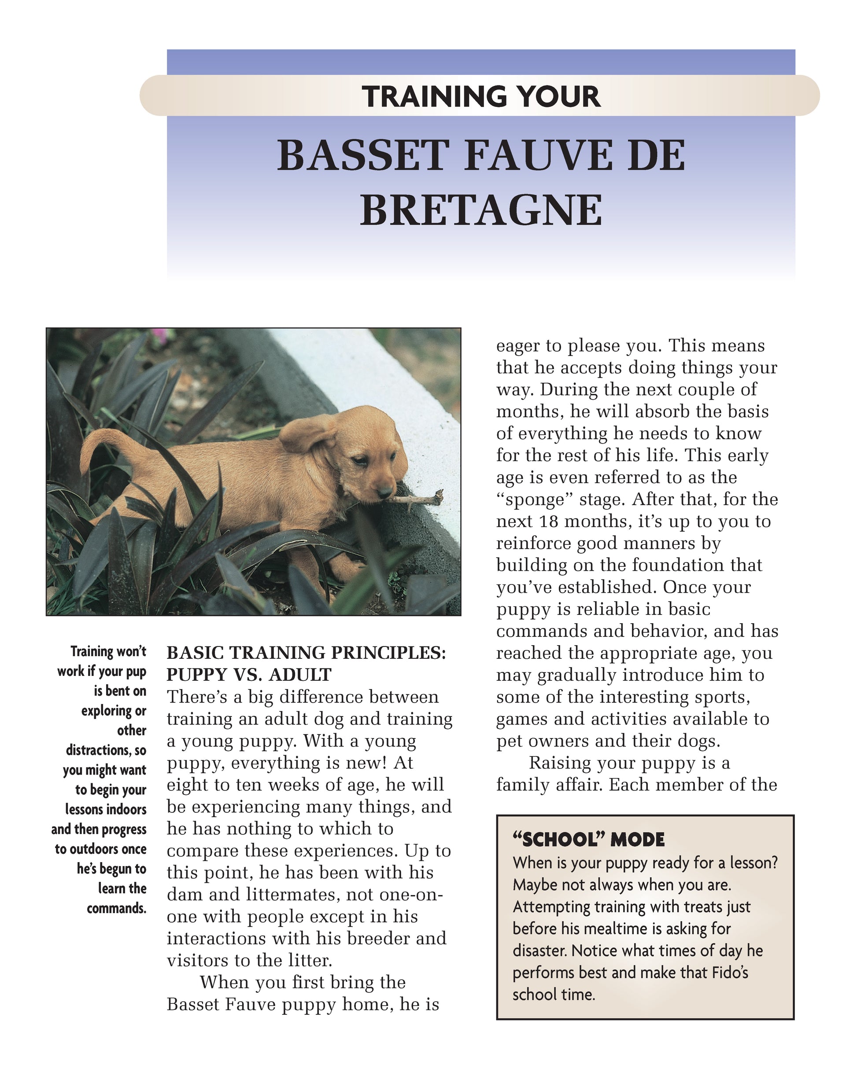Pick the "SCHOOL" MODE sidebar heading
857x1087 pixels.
588,839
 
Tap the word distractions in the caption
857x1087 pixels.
99,751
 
